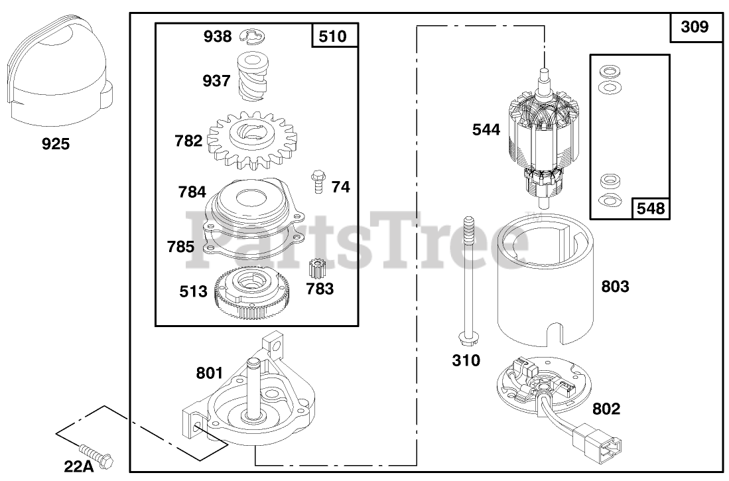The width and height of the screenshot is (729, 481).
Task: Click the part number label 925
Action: point(56,144)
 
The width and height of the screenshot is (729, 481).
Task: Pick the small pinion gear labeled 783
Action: point(316,270)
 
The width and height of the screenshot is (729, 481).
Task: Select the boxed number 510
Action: point(333,36)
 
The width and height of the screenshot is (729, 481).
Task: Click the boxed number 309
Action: point(695,27)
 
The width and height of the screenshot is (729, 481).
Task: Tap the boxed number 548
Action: point(651,208)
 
